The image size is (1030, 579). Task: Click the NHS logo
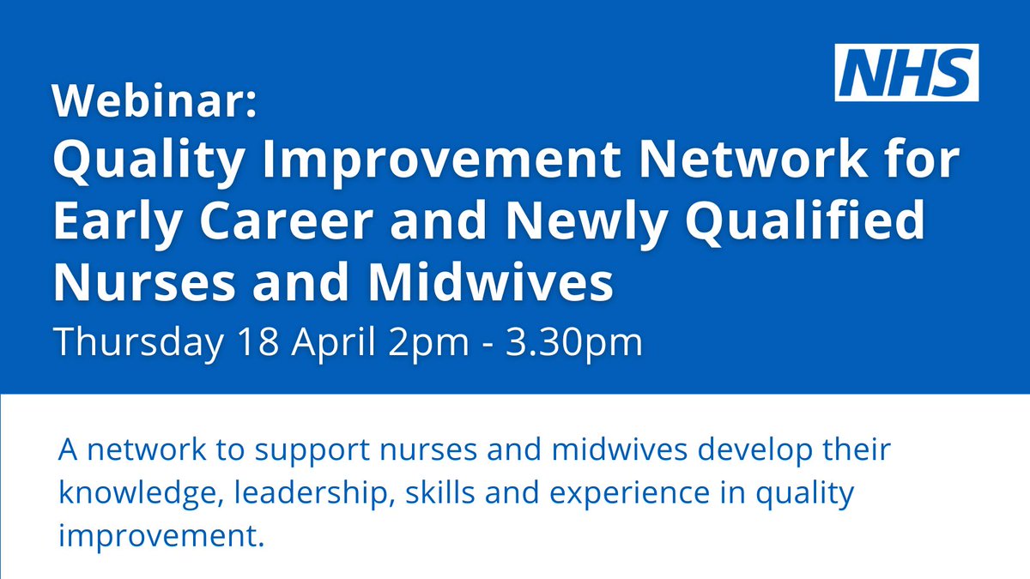906,73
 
